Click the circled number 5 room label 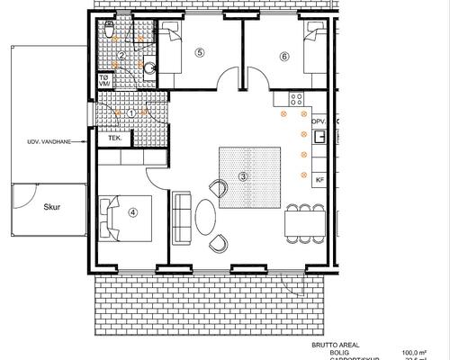[x=200, y=53]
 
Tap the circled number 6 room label [x=284, y=56]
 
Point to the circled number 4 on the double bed [x=132, y=212]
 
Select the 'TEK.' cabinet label [x=115, y=139]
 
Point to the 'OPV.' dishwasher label [x=318, y=120]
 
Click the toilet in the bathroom [x=108, y=31]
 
